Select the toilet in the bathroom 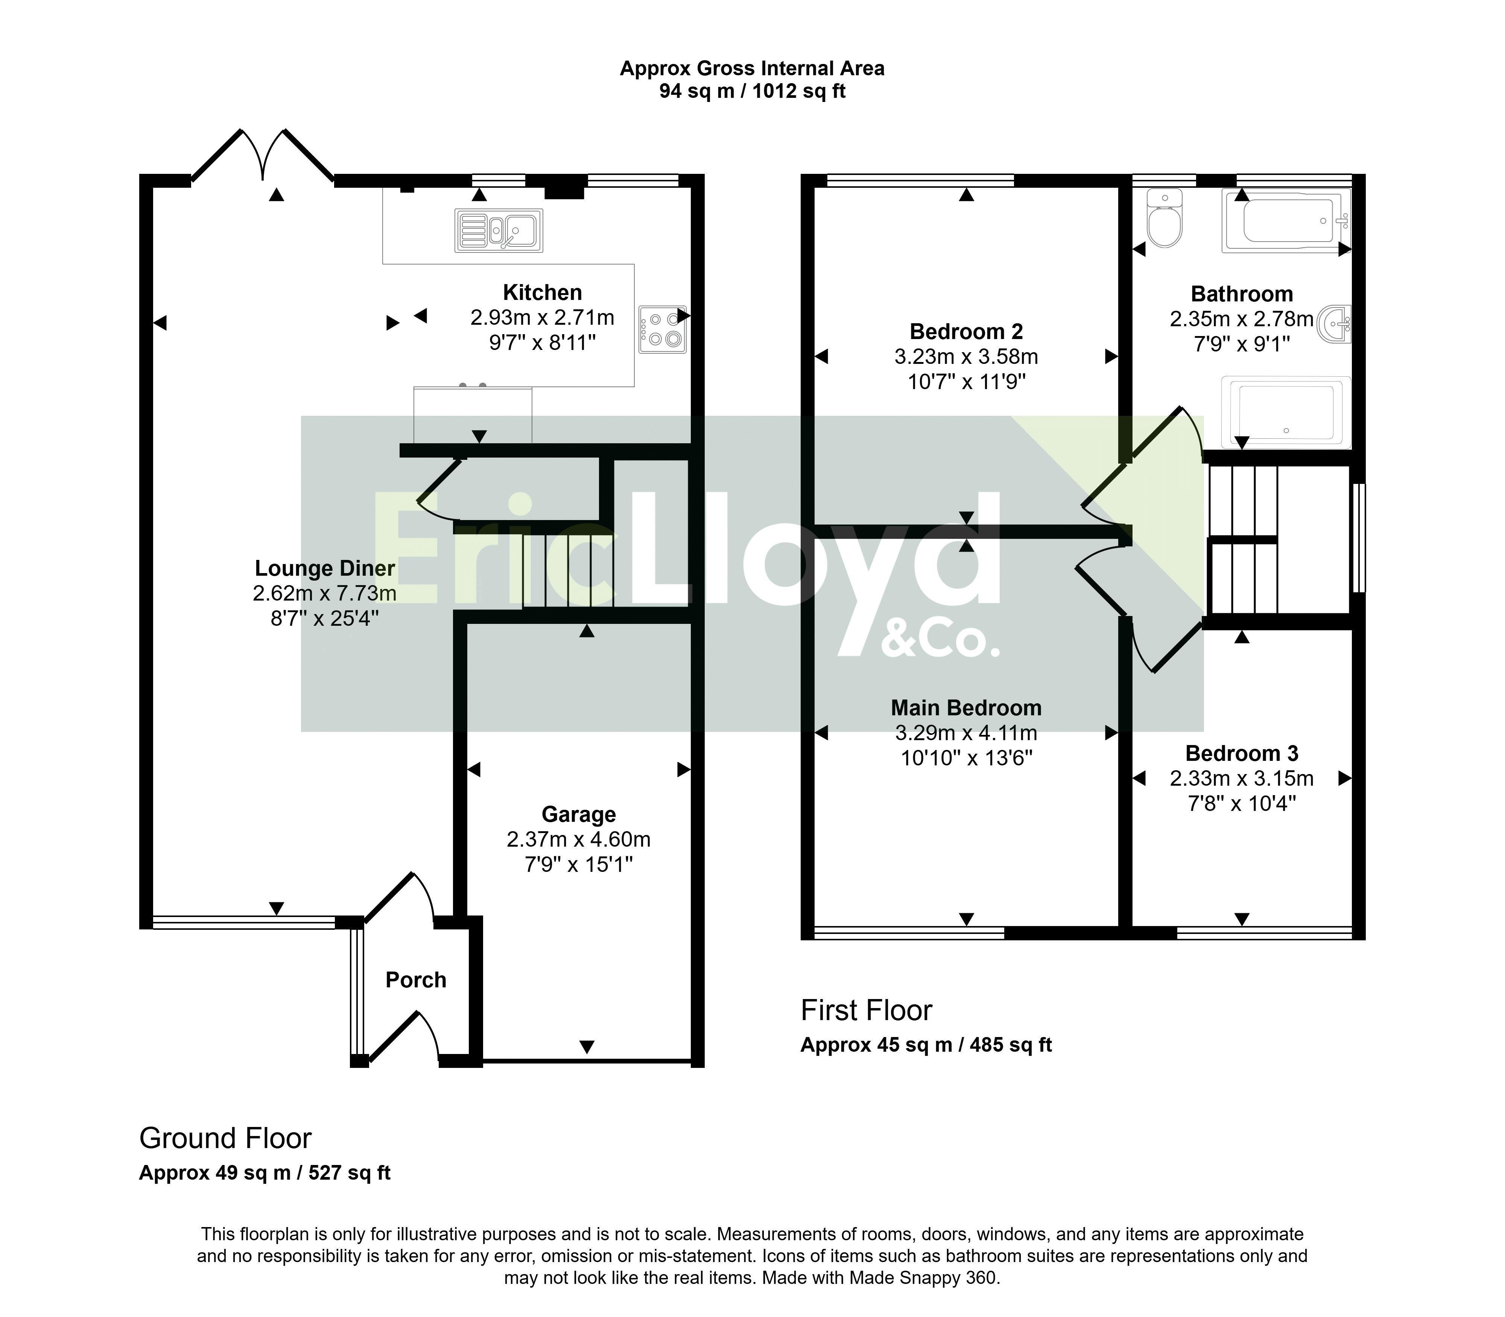1165,217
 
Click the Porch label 416,980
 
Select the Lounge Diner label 325,568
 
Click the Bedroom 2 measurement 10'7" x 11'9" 966,382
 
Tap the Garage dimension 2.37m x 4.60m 578,839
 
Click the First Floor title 867,1011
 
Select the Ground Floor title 226,1138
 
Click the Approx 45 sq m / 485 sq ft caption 926,1045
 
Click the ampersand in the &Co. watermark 897,639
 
